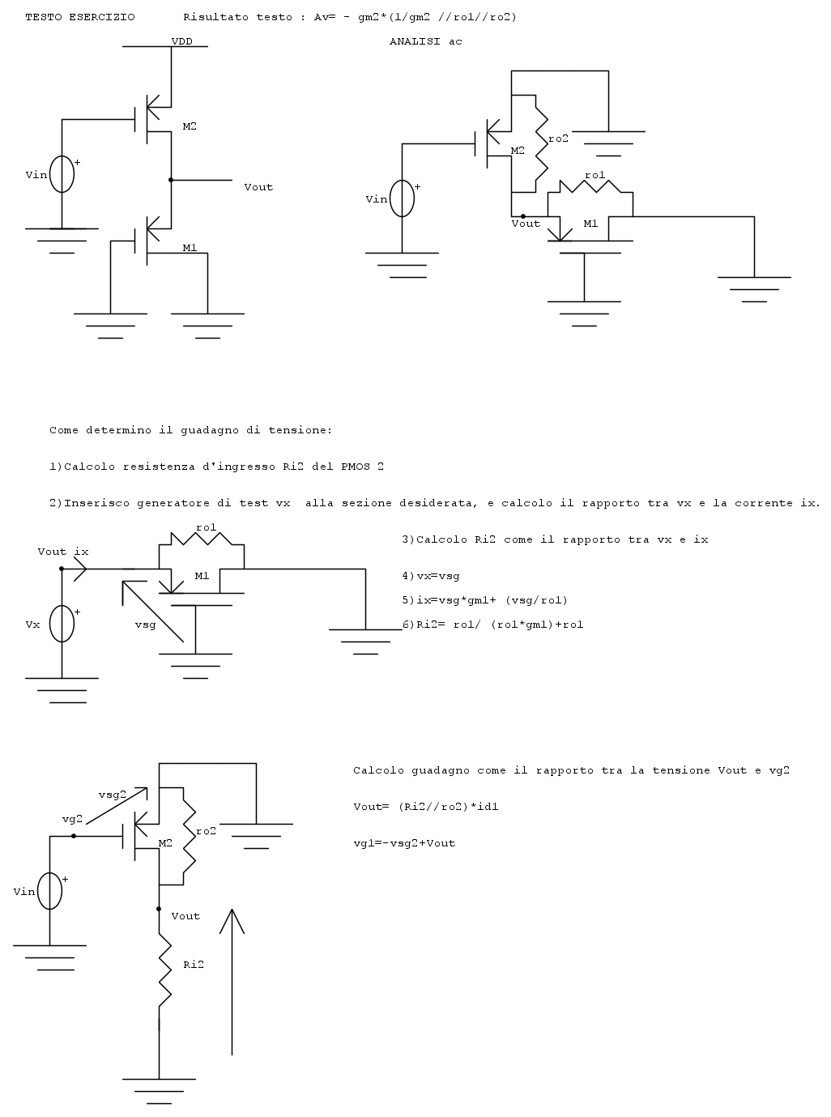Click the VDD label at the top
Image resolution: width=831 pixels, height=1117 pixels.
click(x=181, y=41)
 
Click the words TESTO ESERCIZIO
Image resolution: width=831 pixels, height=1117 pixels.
click(x=80, y=17)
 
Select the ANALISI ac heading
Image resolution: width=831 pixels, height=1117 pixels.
click(x=425, y=41)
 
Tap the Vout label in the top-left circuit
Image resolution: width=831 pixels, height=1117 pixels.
click(x=258, y=187)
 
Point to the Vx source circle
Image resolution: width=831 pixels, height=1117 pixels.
click(x=62, y=625)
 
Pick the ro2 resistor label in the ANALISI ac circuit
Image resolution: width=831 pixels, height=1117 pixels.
click(x=558, y=139)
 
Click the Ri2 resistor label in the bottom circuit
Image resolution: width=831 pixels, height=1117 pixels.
click(x=194, y=965)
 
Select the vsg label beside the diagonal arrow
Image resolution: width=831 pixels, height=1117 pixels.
click(x=145, y=625)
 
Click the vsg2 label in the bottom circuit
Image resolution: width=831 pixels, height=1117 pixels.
click(x=112, y=795)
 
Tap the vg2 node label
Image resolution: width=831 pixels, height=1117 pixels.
click(x=73, y=819)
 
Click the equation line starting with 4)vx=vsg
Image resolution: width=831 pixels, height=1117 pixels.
click(x=431, y=576)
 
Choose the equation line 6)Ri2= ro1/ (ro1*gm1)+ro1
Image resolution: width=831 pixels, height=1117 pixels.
click(x=492, y=625)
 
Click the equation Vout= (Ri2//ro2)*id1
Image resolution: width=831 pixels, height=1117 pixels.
click(x=432, y=807)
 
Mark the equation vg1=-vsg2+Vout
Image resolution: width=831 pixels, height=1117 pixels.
click(x=404, y=843)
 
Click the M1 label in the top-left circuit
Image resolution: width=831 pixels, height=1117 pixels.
click(x=190, y=248)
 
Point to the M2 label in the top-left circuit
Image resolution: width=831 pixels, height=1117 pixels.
click(x=190, y=126)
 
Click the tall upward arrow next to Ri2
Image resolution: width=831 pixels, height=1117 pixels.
click(x=232, y=980)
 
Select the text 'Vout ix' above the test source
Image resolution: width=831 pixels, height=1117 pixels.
click(x=63, y=552)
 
